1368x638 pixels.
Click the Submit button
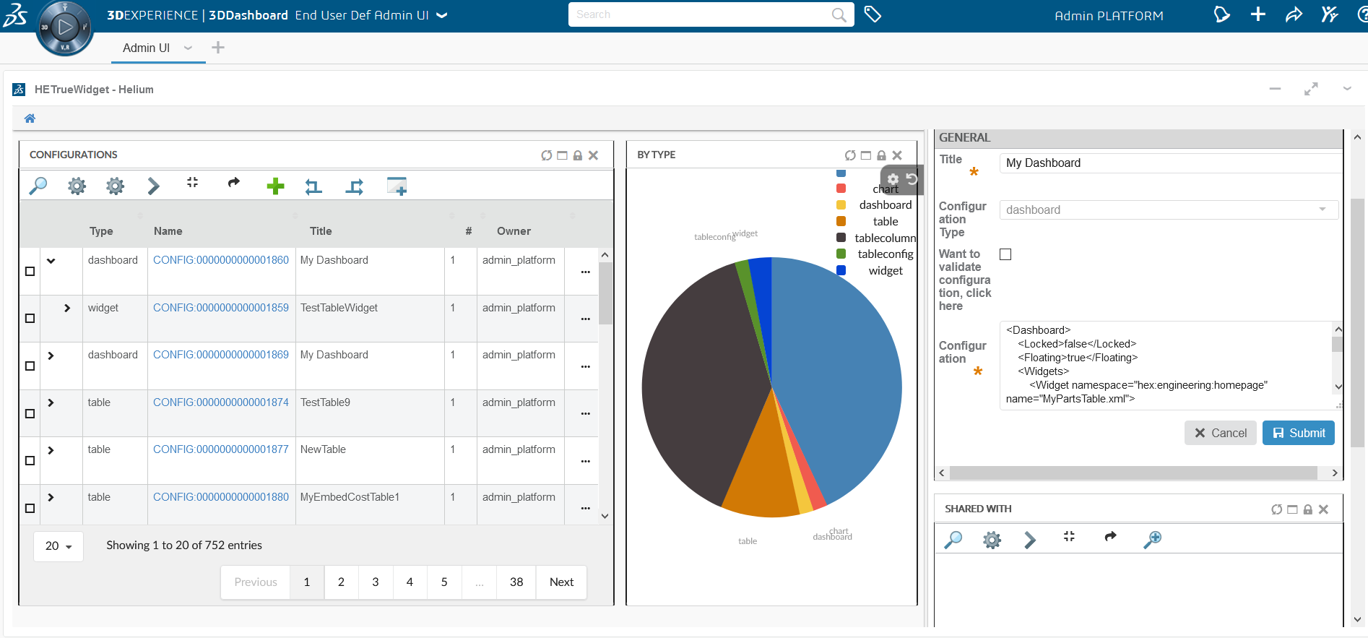point(1298,433)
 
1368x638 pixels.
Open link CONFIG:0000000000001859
point(220,308)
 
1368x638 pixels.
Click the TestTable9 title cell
point(325,402)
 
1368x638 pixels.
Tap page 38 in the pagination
point(516,582)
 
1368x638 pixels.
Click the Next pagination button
point(561,582)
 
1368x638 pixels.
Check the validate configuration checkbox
point(1005,254)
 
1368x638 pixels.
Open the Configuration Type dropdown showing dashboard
point(1168,210)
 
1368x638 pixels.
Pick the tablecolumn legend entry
point(884,238)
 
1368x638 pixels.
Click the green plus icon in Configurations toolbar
point(275,186)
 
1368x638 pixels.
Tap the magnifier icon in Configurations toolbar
point(38,186)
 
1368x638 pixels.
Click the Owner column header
point(514,231)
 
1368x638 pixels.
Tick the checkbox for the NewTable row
point(30,461)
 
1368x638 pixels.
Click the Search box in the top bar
point(701,14)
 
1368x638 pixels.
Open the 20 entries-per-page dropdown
point(59,546)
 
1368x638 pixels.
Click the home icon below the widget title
point(30,118)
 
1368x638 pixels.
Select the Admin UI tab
point(146,48)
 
